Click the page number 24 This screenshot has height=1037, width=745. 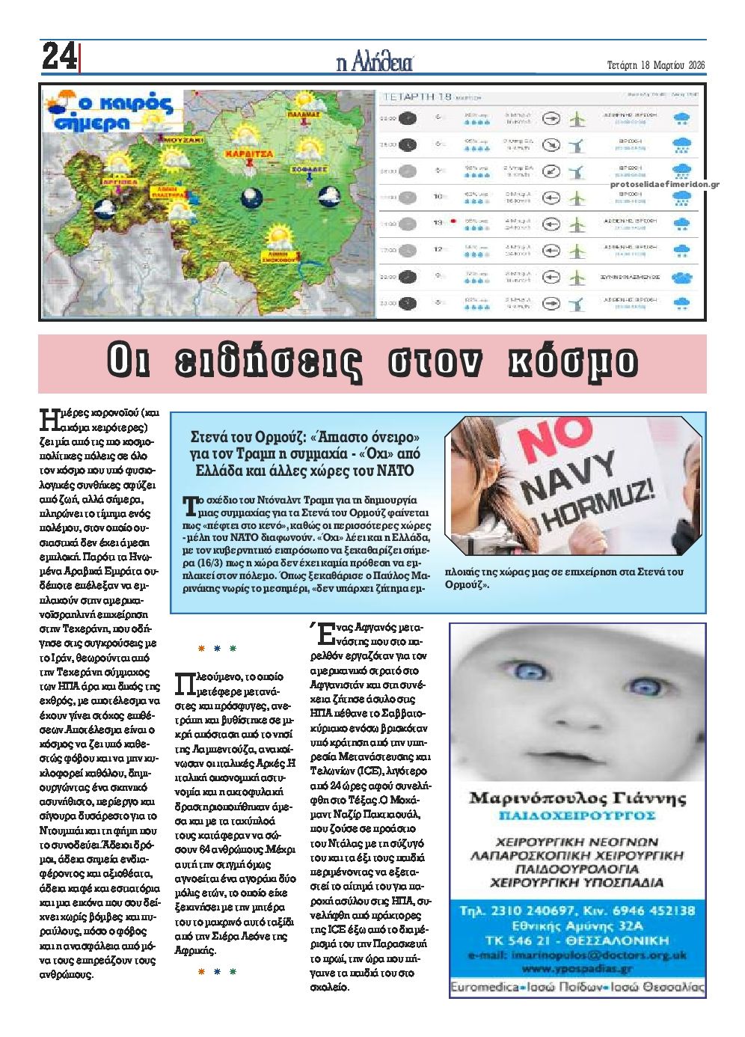click(58, 57)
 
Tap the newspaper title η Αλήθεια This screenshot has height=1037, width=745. click(374, 64)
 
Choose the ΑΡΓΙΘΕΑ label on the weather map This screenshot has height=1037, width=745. click(117, 181)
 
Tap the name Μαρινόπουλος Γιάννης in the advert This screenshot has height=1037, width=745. click(577, 798)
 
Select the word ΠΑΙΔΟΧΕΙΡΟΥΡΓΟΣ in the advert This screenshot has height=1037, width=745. click(577, 815)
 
